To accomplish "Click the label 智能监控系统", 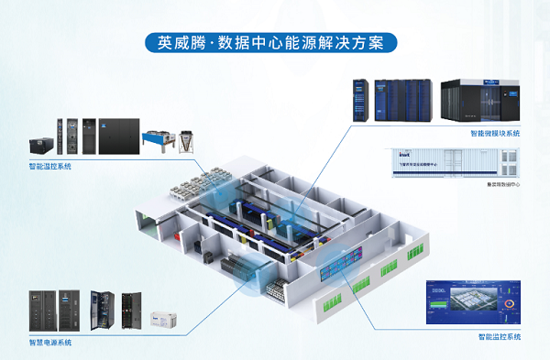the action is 499,337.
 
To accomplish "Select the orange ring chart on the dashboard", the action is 511,300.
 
